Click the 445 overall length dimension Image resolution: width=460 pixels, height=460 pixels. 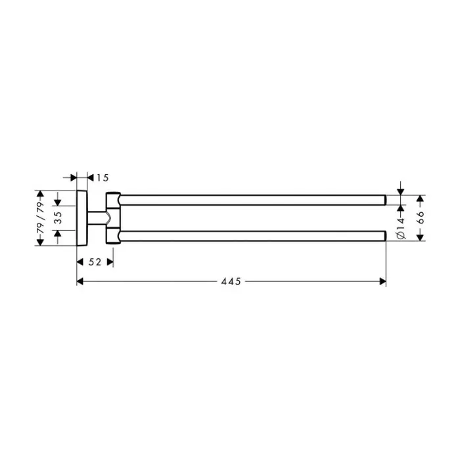231,281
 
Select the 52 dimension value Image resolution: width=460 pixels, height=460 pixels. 95,262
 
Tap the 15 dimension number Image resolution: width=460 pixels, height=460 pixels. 102,177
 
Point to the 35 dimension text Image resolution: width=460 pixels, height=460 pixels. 58,217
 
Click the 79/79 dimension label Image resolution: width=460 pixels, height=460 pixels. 41,217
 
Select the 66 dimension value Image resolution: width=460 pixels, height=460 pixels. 421,217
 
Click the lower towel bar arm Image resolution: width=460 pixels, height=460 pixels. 250,235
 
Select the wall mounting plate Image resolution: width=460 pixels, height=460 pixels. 81,217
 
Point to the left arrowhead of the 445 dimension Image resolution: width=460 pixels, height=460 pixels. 80,281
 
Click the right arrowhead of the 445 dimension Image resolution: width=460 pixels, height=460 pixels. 382,281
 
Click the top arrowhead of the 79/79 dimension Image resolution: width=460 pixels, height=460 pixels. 41,195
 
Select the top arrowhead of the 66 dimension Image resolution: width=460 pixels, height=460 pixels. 421,197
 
